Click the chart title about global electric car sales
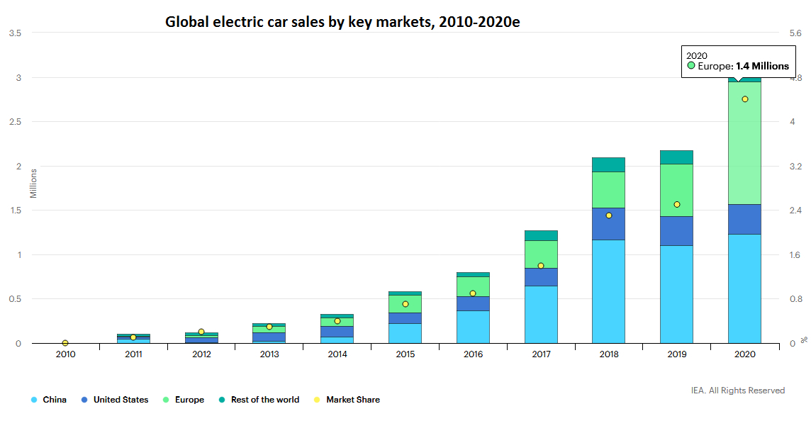click(342, 22)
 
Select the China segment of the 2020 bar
click(744, 288)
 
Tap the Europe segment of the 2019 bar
click(676, 191)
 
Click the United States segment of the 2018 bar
click(608, 224)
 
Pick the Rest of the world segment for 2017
click(541, 236)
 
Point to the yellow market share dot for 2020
click(745, 99)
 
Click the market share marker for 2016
click(473, 293)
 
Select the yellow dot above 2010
click(65, 343)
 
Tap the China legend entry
click(49, 400)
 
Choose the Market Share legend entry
click(347, 400)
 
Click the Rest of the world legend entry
click(259, 400)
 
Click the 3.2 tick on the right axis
click(795, 166)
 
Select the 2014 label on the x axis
click(337, 354)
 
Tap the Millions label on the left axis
click(33, 184)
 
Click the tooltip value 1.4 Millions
click(762, 66)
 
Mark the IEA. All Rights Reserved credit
click(737, 391)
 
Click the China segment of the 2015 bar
click(405, 334)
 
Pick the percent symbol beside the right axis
click(804, 340)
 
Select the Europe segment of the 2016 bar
click(473, 286)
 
